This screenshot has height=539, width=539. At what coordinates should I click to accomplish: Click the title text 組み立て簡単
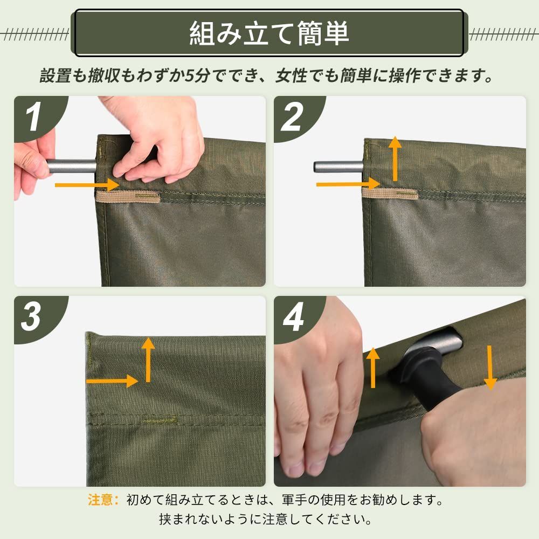(269, 33)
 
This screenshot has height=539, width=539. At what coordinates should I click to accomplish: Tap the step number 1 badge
(33, 117)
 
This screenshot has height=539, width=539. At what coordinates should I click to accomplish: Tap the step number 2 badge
(292, 118)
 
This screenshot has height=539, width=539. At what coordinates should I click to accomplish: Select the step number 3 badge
(31, 316)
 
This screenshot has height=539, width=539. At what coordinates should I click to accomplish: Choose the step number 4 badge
(293, 318)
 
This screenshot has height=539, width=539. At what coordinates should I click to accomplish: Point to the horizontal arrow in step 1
(86, 185)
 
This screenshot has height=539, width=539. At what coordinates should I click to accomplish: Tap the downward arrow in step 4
(490, 367)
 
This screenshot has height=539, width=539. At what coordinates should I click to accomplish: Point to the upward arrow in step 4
(373, 368)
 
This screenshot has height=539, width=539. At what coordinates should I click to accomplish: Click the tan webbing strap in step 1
(128, 197)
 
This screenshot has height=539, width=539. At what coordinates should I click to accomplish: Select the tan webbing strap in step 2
(389, 194)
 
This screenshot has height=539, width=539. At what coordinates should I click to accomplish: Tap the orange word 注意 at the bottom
(102, 500)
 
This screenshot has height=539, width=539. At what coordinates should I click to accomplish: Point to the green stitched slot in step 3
(160, 418)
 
